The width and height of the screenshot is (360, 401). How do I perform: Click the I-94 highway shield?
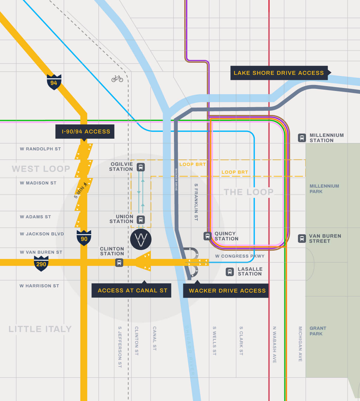(x=54, y=82)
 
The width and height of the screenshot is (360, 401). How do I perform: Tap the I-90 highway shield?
(x=84, y=238)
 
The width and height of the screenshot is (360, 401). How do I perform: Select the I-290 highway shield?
(x=41, y=264)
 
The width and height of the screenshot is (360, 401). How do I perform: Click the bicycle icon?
(x=117, y=79)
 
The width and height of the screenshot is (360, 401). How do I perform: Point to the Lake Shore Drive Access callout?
(x=279, y=73)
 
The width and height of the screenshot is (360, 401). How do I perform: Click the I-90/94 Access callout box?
(x=85, y=131)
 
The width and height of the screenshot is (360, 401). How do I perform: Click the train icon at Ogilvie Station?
(x=141, y=167)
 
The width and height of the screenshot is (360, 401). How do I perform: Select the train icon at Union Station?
(x=141, y=219)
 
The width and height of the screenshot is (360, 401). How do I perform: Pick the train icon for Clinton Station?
(x=119, y=263)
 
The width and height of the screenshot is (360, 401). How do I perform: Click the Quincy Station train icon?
(x=207, y=236)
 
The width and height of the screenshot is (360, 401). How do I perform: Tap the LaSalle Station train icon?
(x=230, y=272)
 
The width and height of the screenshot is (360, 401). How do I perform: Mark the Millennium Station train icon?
(x=302, y=138)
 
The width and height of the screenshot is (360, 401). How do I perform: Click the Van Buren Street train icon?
(x=302, y=238)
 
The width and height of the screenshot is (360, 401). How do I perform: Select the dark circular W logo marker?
(x=141, y=240)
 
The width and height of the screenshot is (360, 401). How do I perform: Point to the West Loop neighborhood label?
(x=41, y=169)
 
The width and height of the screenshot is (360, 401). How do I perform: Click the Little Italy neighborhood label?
(x=40, y=329)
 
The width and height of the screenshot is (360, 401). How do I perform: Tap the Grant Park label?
(x=318, y=331)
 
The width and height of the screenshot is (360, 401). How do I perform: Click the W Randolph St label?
(x=40, y=149)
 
